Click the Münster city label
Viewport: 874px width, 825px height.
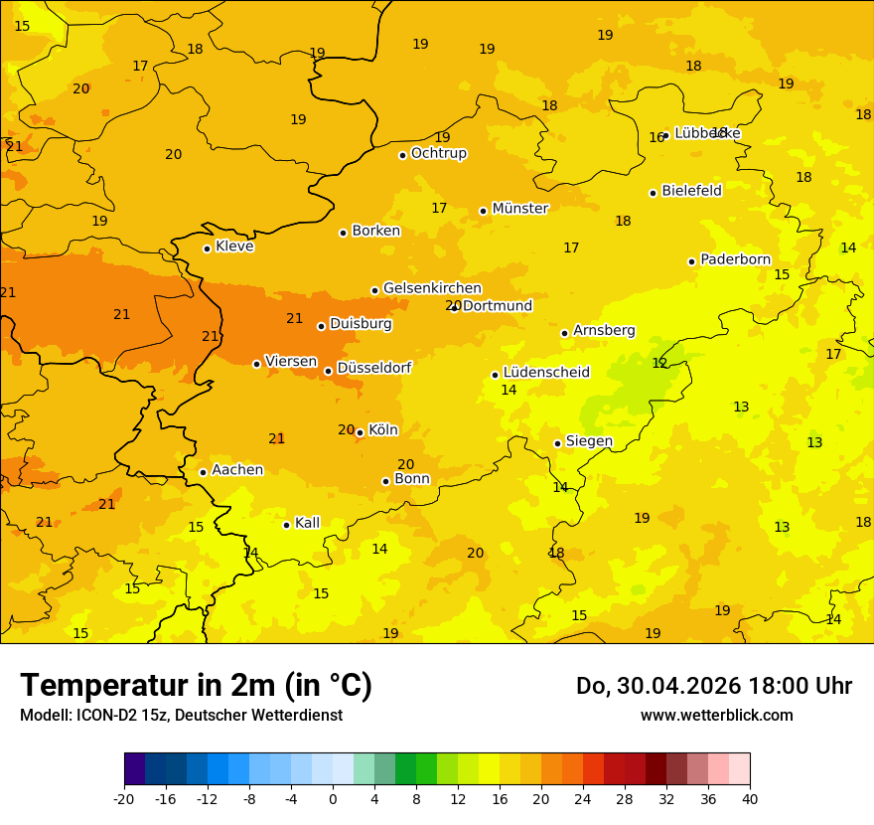(x=519, y=209)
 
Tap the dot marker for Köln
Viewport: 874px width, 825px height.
(x=360, y=432)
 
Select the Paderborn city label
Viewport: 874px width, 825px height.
(x=735, y=259)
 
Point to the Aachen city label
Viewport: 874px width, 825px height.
(x=237, y=470)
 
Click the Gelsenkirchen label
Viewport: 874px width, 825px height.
(x=432, y=288)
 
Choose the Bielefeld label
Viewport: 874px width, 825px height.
(x=691, y=191)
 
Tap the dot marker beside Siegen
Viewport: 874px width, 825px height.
(x=557, y=443)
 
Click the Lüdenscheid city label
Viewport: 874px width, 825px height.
(x=546, y=373)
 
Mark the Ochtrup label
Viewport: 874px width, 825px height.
(x=438, y=153)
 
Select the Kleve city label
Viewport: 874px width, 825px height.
(x=234, y=247)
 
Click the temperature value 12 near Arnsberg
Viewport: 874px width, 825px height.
(x=659, y=364)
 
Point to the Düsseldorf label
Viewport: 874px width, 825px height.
(x=373, y=368)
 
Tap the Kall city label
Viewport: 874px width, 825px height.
(x=307, y=523)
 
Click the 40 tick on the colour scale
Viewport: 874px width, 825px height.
(x=750, y=798)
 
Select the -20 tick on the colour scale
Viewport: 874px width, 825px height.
(x=124, y=798)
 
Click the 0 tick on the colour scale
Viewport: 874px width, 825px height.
(x=333, y=798)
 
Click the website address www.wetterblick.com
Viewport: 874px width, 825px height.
(x=716, y=715)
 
